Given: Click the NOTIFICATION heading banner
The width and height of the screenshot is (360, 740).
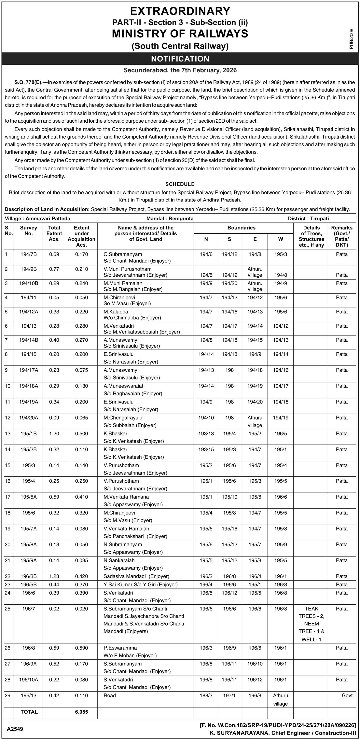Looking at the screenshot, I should [x=180, y=59].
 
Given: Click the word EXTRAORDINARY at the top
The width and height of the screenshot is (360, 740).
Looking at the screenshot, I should [x=180, y=11].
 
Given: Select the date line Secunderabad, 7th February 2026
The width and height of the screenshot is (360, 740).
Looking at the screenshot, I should [x=180, y=70].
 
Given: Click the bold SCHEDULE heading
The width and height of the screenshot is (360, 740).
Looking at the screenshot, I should [x=180, y=184].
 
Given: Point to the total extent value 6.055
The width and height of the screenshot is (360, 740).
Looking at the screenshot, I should [x=82, y=712].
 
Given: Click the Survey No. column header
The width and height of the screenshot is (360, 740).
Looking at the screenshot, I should [x=28, y=231].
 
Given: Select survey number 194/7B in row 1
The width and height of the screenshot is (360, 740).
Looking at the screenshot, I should [x=28, y=254].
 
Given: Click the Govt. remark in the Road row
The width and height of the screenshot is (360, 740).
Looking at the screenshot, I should [x=348, y=695].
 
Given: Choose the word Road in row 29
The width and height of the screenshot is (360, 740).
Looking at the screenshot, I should [x=110, y=695].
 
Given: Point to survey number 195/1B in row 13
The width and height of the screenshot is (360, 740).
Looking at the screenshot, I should [x=28, y=433].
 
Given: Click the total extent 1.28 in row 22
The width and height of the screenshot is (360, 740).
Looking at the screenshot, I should [x=54, y=576].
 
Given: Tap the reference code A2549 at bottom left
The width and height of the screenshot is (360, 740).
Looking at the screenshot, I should [x=15, y=729].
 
